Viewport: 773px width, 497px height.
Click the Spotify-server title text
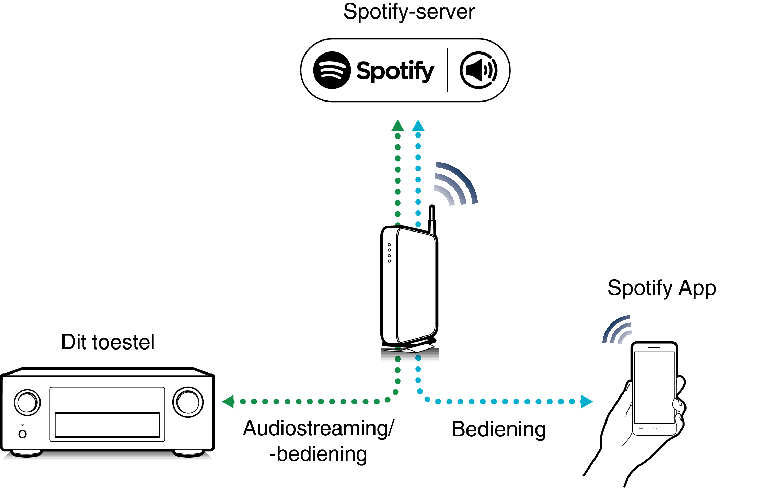pyautogui.click(x=409, y=12)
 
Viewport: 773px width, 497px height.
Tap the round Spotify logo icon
pyautogui.click(x=332, y=70)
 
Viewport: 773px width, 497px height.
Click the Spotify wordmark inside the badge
pyautogui.click(x=395, y=71)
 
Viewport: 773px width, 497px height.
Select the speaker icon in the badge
pyautogui.click(x=478, y=70)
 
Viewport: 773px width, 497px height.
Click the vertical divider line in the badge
pyautogui.click(x=447, y=70)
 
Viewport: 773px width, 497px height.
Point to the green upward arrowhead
pyautogui.click(x=397, y=126)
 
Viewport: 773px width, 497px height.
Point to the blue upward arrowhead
pyautogui.click(x=418, y=126)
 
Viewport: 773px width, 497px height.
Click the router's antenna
pyautogui.click(x=432, y=220)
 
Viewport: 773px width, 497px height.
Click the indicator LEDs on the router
pyautogui.click(x=389, y=253)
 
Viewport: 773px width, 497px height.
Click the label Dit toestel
pyautogui.click(x=108, y=342)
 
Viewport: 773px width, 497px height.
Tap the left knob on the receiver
pyautogui.click(x=27, y=402)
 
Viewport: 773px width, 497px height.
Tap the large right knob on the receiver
pyautogui.click(x=188, y=402)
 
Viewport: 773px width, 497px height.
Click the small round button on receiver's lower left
pyautogui.click(x=23, y=434)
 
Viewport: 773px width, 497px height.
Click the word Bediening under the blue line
pyautogui.click(x=498, y=429)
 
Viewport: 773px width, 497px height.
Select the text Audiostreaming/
pyautogui.click(x=319, y=428)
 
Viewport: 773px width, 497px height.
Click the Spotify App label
pyautogui.click(x=661, y=288)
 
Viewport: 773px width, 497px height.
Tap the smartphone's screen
pyautogui.click(x=654, y=388)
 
